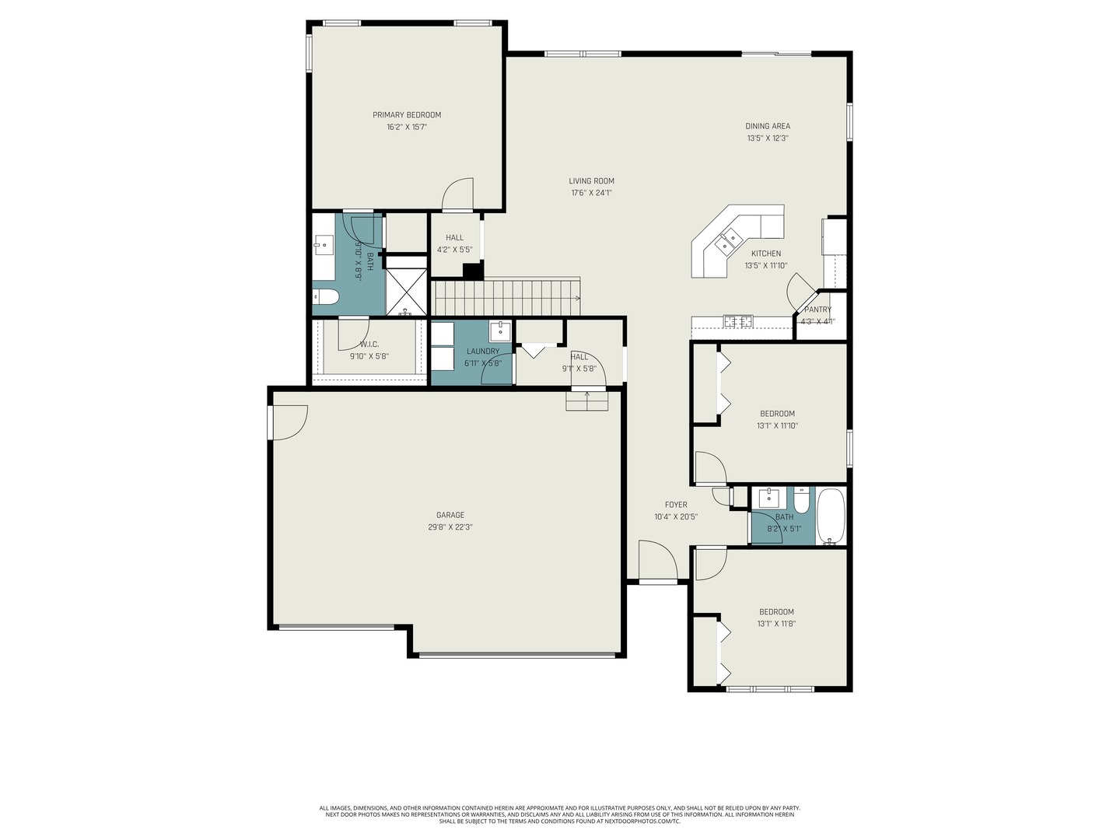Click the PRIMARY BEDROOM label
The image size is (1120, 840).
[x=406, y=115]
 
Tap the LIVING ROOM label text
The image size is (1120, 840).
[x=591, y=181]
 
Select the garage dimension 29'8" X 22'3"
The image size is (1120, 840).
[x=450, y=527]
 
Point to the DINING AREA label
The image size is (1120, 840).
[x=768, y=126]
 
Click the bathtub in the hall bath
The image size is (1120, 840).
[x=831, y=516]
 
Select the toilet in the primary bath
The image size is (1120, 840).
[x=326, y=296]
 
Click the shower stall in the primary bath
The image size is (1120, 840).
[x=407, y=291]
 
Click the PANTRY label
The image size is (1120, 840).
[x=817, y=310]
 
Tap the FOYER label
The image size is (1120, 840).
[x=676, y=505]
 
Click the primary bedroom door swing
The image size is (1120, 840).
[x=458, y=194]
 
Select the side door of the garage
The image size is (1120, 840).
[x=288, y=423]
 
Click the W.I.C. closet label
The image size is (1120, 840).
[x=369, y=345]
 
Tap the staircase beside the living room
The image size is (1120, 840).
[x=506, y=297]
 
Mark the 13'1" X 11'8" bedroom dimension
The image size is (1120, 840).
[x=776, y=624]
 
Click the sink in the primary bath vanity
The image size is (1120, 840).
[x=323, y=246]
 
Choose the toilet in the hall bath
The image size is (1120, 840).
[x=802, y=498]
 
